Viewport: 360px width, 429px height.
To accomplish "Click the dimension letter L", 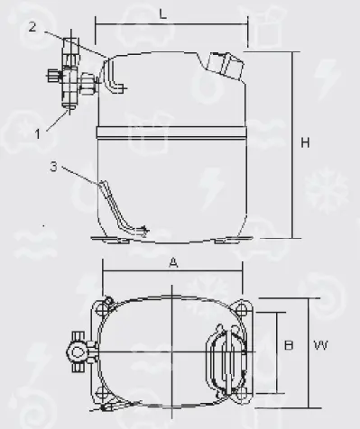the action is point(162,14).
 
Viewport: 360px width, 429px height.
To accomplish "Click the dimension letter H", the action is point(305,142).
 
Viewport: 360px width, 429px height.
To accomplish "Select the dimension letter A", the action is point(173,263).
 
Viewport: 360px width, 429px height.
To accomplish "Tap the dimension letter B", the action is point(289,345).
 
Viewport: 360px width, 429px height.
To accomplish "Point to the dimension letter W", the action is point(320,345).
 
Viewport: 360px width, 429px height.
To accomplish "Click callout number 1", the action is point(38,133).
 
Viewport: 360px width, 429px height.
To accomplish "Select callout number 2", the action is point(32,27).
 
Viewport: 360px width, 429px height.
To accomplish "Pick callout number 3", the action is point(53,167).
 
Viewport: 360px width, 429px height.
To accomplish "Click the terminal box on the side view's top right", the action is point(226,67).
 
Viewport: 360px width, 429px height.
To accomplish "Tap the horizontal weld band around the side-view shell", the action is point(171,132).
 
